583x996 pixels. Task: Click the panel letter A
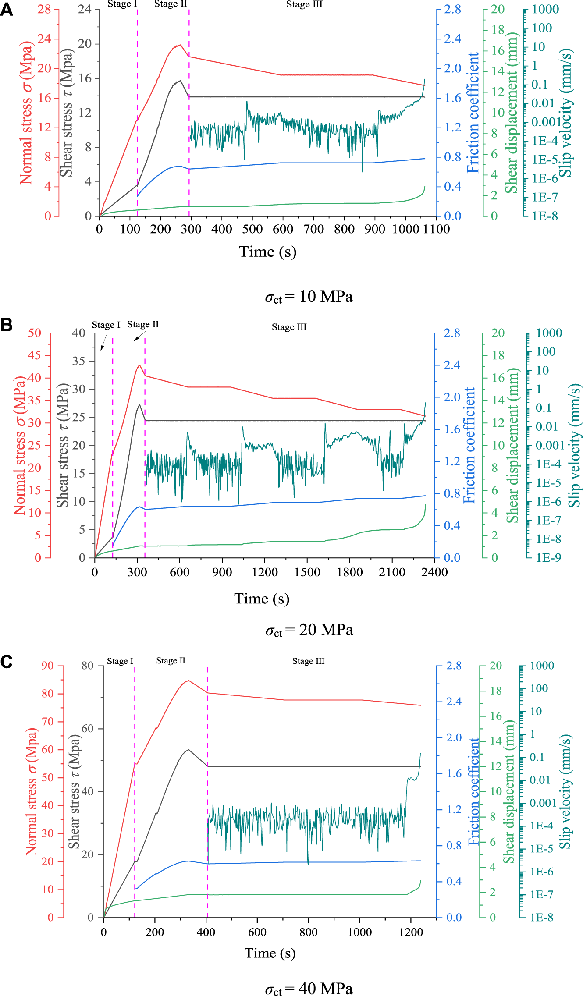[x=7, y=9]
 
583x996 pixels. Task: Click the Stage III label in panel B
[x=289, y=327]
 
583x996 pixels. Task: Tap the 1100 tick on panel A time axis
[x=436, y=229]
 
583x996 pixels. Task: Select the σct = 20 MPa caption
[x=309, y=630]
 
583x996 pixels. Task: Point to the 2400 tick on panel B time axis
[x=434, y=572]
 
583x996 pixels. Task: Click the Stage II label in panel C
[x=171, y=660]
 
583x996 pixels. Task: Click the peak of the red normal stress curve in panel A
[x=180, y=45]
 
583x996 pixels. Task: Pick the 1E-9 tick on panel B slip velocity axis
[x=548, y=558]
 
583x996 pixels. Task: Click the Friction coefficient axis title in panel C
[x=474, y=791]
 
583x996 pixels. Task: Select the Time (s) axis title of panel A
[x=267, y=252]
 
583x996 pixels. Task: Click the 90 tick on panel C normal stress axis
[x=48, y=666]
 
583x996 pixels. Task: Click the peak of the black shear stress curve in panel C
[x=188, y=749]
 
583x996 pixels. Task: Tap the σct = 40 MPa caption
[x=309, y=989]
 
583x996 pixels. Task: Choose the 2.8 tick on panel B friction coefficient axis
[x=451, y=333]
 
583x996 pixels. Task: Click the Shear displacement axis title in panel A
[x=511, y=113]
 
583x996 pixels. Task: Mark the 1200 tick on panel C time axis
[x=411, y=932]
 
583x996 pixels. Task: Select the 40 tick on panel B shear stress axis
[x=79, y=333]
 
